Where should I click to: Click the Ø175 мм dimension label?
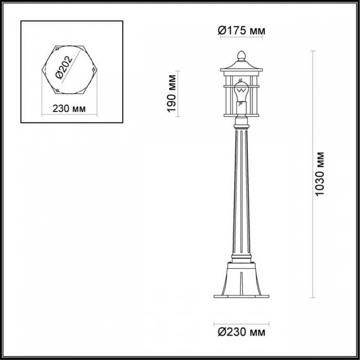241,31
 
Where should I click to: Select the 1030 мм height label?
320,174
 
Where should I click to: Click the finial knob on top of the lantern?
241,54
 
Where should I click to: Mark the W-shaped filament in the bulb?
241,89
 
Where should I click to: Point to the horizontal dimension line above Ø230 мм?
241,321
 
